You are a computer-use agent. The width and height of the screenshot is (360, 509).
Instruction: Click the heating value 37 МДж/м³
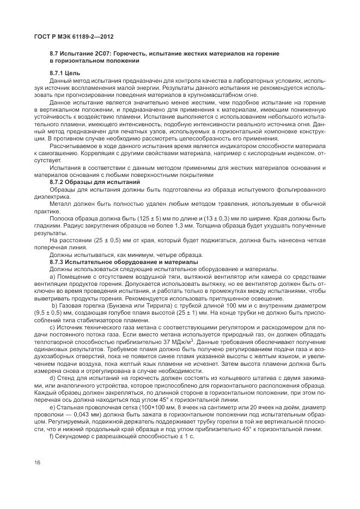point(168,340)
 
